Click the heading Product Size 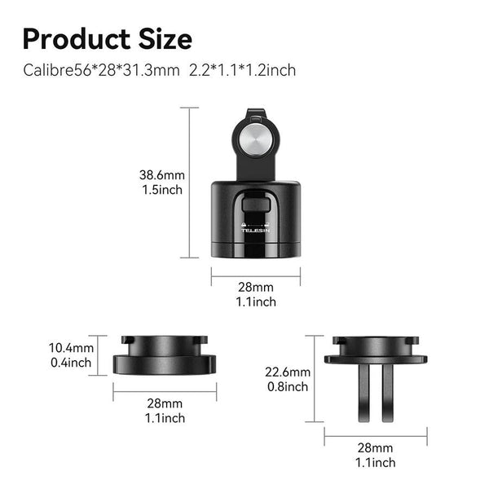click(108, 38)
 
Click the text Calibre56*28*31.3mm click(101, 70)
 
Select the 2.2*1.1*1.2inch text click(242, 70)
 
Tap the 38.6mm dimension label click(161, 174)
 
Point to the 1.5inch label click(161, 190)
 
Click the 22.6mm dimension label click(286, 371)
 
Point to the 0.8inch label click(286, 386)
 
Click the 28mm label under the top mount click(256, 288)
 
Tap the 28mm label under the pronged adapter click(375, 447)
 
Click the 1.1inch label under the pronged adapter click(375, 462)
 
